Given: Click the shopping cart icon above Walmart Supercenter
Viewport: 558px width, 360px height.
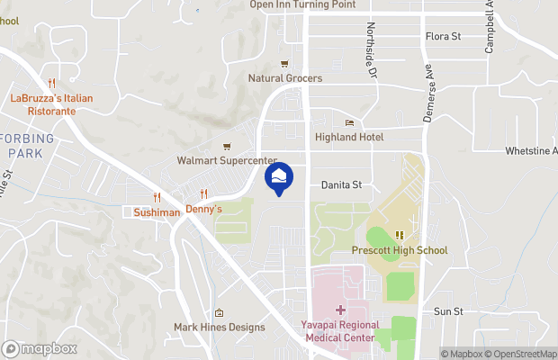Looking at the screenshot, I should tap(228, 147).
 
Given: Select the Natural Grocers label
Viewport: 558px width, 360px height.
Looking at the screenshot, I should tap(285, 78).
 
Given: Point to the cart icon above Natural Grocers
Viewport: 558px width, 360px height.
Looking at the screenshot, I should tap(285, 63).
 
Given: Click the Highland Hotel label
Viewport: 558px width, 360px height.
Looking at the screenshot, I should tap(349, 137).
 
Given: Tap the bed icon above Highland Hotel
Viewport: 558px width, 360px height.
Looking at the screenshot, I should tap(350, 122).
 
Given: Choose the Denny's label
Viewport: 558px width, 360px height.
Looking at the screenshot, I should tap(204, 209).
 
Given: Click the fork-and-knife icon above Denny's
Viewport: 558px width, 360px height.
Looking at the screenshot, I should tap(204, 193).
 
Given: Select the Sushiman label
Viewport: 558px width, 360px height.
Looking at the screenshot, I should tap(157, 212).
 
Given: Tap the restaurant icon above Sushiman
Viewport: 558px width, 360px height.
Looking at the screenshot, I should tap(157, 197).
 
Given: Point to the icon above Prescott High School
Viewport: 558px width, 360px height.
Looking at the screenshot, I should tap(400, 235).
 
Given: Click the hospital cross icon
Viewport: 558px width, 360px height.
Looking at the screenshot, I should tap(339, 310).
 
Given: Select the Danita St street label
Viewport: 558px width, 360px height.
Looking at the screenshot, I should tap(341, 184).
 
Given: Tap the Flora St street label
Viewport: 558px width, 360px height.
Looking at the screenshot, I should tap(443, 37).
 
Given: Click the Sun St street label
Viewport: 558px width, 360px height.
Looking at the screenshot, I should tap(447, 311).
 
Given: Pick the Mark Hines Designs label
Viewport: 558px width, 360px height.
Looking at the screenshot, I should tap(220, 328).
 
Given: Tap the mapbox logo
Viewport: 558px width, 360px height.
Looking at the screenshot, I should tap(40, 348).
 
